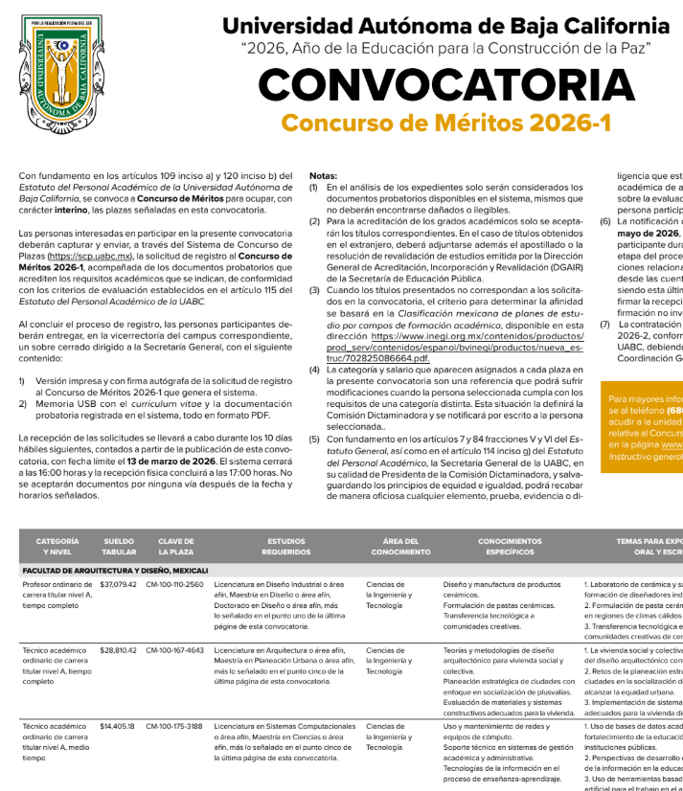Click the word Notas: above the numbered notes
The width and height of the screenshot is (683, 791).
click(x=323, y=175)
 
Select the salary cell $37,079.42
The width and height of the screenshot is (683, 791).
click(x=119, y=584)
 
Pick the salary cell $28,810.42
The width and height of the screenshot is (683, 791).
click(x=119, y=650)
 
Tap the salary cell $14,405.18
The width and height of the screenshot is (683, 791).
click(x=119, y=726)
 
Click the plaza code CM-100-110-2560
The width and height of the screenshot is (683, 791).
click(x=174, y=584)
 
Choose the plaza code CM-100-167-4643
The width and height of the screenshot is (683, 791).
click(x=174, y=650)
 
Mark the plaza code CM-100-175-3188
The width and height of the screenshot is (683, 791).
click(x=174, y=726)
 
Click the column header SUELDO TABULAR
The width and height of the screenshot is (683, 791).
click(x=119, y=547)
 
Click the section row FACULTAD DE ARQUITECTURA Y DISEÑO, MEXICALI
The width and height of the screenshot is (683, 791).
click(x=116, y=570)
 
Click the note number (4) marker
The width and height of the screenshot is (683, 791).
click(x=313, y=370)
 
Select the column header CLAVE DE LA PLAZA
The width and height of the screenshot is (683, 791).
click(x=176, y=547)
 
